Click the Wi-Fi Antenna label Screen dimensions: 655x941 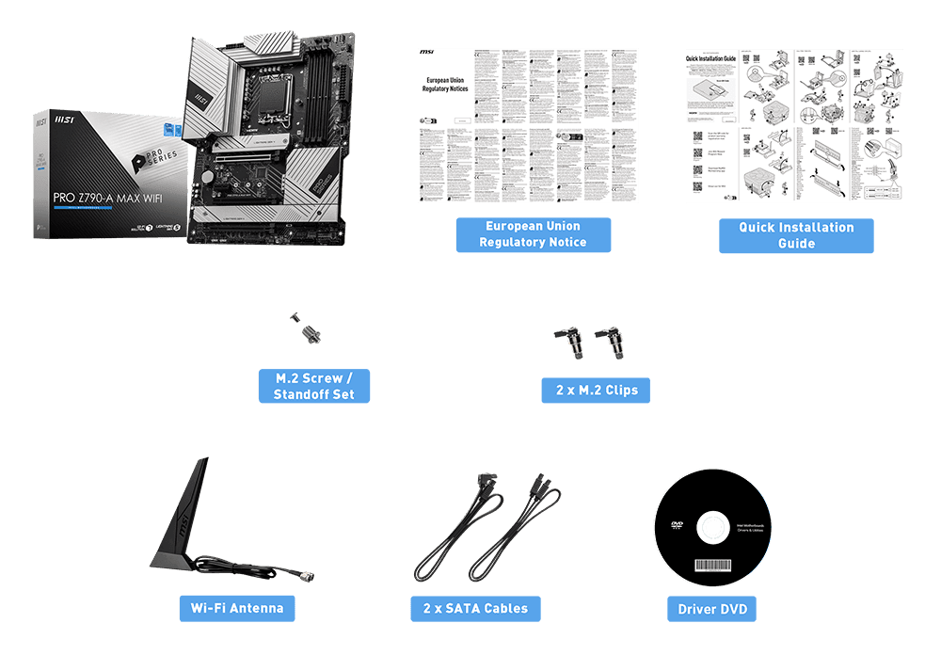[x=237, y=608]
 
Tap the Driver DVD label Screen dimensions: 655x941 [x=712, y=609]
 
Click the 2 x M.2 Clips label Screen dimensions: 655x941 [x=595, y=390]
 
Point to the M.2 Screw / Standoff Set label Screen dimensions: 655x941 [x=314, y=386]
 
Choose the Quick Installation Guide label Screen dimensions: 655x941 [x=796, y=235]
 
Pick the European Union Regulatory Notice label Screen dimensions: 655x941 [x=533, y=234]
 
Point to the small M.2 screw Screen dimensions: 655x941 [x=295, y=318]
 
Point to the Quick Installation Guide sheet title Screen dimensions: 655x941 [x=724, y=57]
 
